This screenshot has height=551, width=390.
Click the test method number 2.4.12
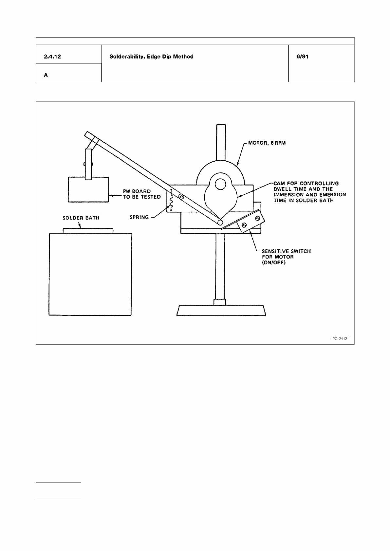(x=52, y=57)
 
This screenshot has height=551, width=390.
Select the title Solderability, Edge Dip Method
(x=151, y=57)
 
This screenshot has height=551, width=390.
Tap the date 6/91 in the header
(x=303, y=57)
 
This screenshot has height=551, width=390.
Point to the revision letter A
(x=46, y=75)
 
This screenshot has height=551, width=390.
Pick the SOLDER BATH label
(x=81, y=218)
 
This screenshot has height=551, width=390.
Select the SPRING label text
(x=139, y=217)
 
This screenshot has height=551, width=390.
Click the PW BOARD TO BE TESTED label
(x=141, y=194)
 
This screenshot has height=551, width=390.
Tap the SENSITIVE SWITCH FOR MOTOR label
(x=286, y=257)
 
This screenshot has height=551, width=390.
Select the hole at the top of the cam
(x=220, y=184)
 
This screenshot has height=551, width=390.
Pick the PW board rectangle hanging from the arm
(x=88, y=190)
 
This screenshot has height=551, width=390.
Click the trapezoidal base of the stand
(x=221, y=310)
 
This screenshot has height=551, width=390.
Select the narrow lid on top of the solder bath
(x=88, y=231)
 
